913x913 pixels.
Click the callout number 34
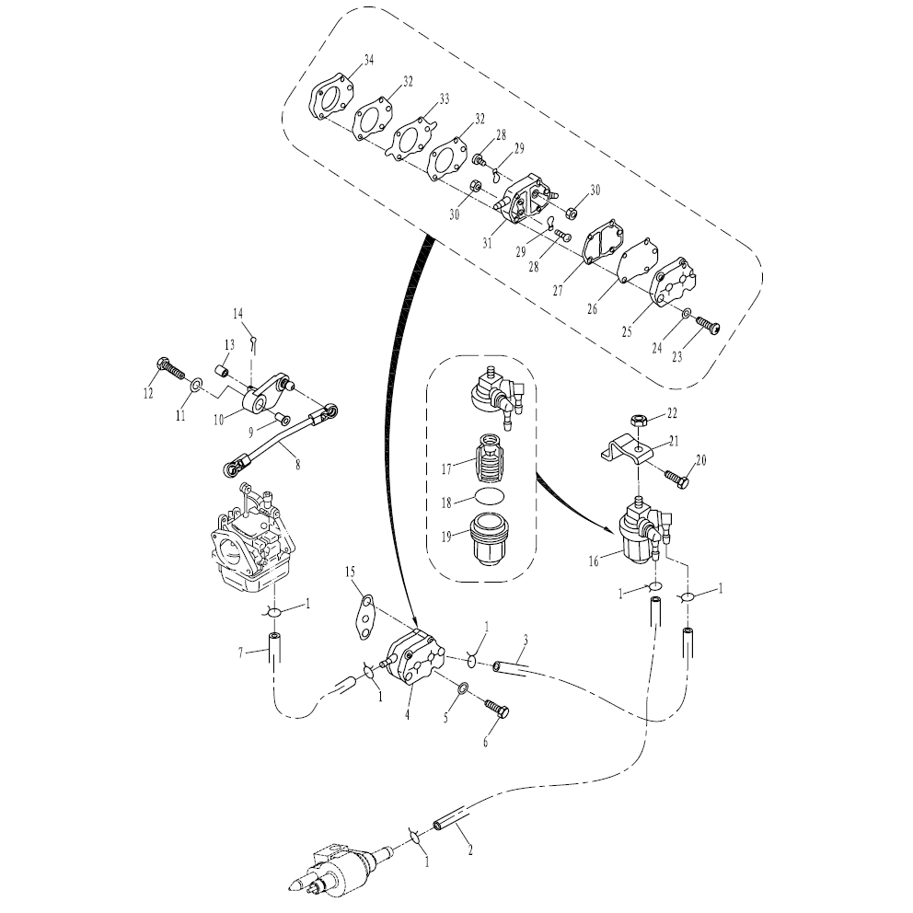pos(368,60)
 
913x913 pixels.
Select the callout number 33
pos(445,99)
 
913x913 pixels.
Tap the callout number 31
pos(487,242)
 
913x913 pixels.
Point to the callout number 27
pos(559,290)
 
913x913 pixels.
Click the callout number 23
pos(676,356)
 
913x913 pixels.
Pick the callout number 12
pos(148,393)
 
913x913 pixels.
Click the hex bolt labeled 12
pos(170,368)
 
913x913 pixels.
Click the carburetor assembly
pos(251,538)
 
